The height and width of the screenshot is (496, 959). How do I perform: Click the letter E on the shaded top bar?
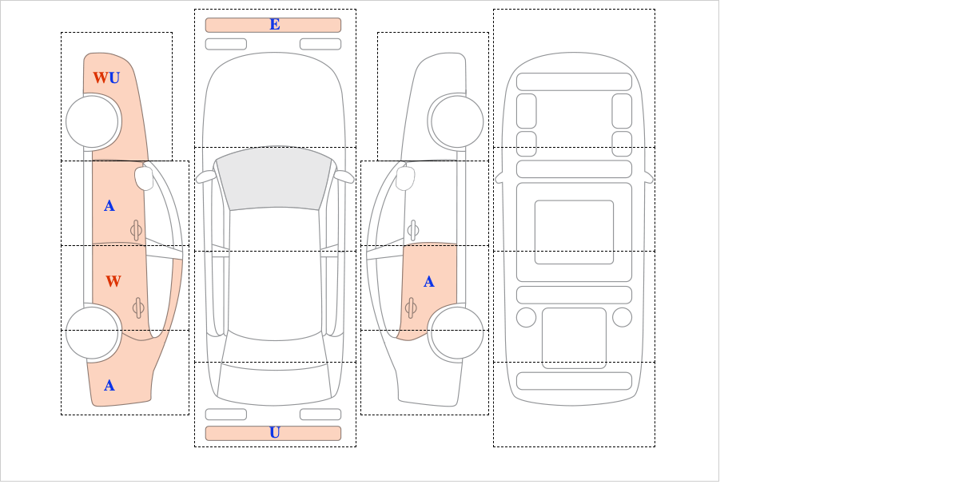[x=275, y=25]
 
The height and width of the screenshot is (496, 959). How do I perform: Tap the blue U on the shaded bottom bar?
[x=275, y=433]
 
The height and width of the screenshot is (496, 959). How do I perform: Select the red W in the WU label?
[x=101, y=78]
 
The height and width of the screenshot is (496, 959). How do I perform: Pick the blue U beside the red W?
[x=114, y=78]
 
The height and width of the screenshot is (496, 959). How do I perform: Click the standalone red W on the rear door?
[x=113, y=281]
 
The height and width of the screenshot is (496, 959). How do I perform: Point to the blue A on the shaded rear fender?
[x=109, y=386]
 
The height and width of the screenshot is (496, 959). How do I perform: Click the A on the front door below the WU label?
[x=109, y=206]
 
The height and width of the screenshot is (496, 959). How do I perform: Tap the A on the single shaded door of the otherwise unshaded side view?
[x=429, y=282]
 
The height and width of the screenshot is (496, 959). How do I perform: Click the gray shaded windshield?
[x=274, y=177]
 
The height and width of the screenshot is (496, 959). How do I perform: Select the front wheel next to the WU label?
[x=92, y=121]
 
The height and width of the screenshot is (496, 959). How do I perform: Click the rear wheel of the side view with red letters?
[x=92, y=332]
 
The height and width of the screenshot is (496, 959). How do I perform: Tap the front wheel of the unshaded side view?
[x=457, y=121]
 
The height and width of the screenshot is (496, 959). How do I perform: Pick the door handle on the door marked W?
[x=137, y=308]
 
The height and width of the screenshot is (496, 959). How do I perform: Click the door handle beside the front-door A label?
[x=136, y=231]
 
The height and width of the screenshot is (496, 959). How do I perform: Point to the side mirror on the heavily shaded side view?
[x=144, y=178]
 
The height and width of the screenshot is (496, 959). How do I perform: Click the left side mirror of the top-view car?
[x=205, y=177]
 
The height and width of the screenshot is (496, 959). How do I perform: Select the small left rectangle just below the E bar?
[x=226, y=44]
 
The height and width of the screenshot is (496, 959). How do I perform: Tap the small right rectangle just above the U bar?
[x=320, y=415]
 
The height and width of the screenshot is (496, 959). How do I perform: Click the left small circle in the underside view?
[x=526, y=318]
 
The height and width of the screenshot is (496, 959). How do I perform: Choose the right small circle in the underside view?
[x=622, y=318]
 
